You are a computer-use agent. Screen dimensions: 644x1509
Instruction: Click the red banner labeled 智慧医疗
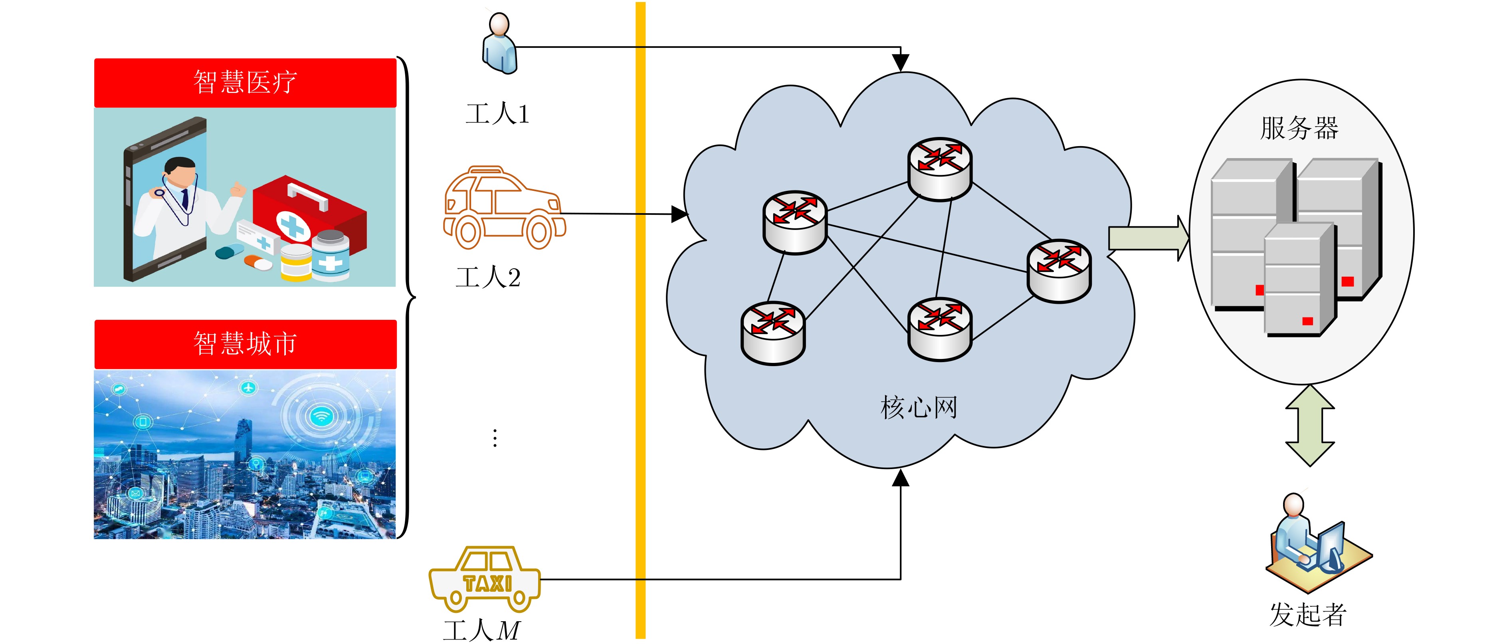[x=245, y=82]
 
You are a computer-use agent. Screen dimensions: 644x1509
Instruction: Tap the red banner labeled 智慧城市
[x=245, y=344]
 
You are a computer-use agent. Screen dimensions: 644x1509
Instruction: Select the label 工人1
[x=497, y=114]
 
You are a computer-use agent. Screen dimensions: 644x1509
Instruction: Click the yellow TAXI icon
[x=485, y=580]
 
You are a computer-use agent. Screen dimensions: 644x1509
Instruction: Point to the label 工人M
[x=481, y=630]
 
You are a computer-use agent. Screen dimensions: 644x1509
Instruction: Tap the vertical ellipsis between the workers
[x=495, y=438]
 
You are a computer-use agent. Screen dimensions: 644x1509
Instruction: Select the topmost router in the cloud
[x=940, y=169]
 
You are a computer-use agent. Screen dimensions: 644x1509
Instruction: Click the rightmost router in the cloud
[x=1059, y=270]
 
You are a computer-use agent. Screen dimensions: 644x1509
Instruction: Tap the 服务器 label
[x=1299, y=128]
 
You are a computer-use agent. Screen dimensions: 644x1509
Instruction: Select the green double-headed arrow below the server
[x=1310, y=426]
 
